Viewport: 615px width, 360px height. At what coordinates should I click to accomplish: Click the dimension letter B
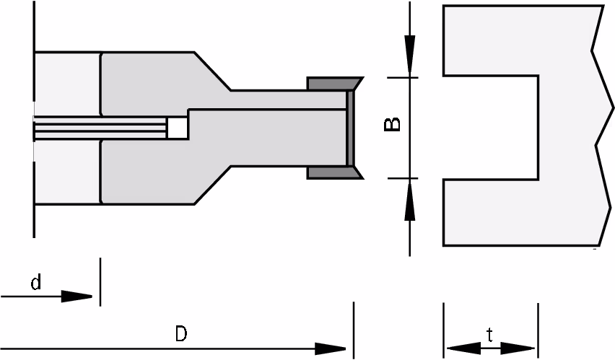click(392, 124)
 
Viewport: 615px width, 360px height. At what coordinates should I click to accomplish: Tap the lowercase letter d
click(35, 282)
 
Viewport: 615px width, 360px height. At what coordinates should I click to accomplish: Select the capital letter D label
click(180, 334)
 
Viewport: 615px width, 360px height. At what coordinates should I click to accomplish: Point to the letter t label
click(489, 335)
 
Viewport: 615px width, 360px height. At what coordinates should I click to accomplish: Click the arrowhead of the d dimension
click(77, 296)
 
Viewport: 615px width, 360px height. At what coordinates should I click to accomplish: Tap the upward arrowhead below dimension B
click(410, 201)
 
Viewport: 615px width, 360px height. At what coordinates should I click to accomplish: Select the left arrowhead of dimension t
click(464, 348)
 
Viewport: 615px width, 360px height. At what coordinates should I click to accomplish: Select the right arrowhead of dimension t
click(518, 348)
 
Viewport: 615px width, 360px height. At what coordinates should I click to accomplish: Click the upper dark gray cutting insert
click(333, 84)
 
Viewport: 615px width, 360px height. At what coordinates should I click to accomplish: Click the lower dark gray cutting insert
click(333, 172)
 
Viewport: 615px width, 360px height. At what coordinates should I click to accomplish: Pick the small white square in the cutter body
click(178, 128)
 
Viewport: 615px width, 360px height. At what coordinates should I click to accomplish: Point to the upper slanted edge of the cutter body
click(213, 71)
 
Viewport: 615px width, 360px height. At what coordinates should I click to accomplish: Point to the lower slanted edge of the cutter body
click(213, 185)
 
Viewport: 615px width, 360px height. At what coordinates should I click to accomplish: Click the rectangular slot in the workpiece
click(491, 128)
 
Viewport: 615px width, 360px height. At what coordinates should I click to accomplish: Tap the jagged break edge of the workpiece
click(603, 126)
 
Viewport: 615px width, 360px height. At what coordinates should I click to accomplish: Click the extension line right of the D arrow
click(354, 330)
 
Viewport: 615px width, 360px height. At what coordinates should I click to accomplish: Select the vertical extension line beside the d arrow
click(100, 281)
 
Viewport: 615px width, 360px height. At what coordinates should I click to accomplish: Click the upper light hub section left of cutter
click(68, 84)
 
